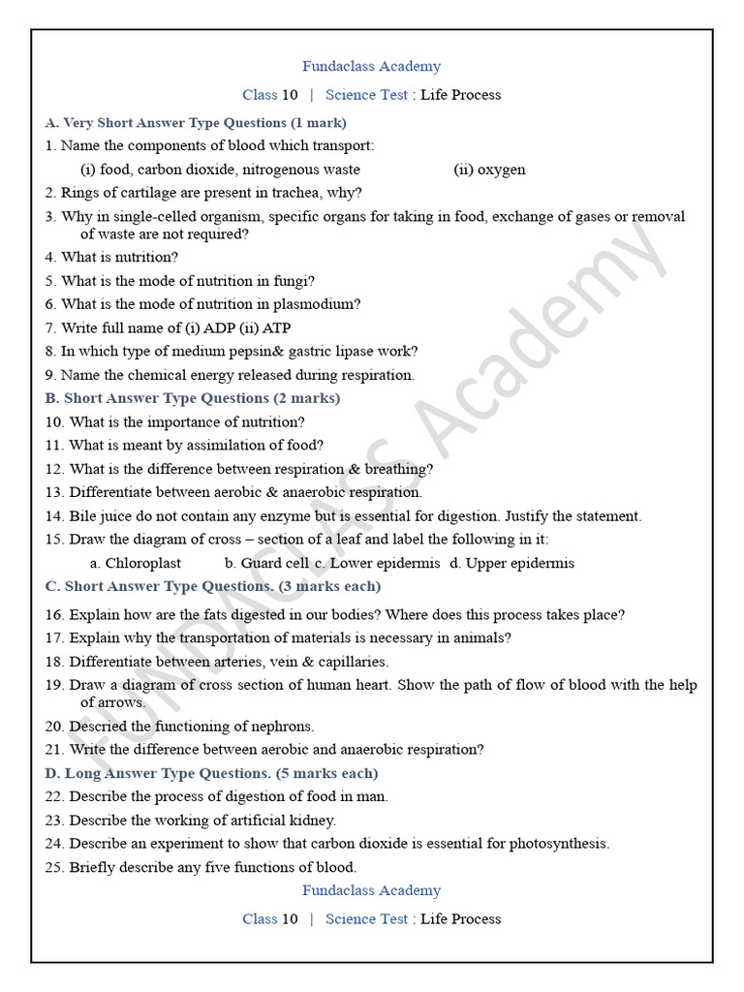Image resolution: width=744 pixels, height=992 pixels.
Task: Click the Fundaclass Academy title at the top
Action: [x=371, y=67]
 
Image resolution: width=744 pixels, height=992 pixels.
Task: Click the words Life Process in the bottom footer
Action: [x=460, y=918]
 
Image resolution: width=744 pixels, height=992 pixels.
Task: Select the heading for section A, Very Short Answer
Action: [x=196, y=123]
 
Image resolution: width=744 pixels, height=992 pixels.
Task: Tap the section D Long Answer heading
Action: [x=211, y=773]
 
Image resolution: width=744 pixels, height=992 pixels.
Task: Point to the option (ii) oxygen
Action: [x=489, y=170]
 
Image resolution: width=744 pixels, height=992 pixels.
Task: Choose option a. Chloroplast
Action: [x=135, y=563]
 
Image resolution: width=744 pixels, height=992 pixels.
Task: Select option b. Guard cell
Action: [x=267, y=563]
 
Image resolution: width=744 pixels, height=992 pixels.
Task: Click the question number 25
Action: [x=54, y=867]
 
